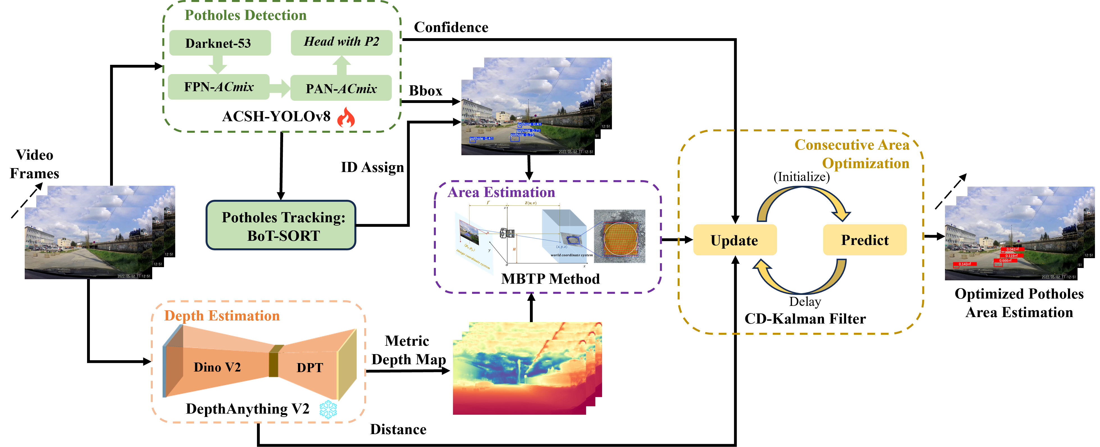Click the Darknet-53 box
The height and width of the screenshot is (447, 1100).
[220, 43]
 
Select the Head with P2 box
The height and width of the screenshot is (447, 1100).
[341, 42]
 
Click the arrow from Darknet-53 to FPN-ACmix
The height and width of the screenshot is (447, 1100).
[217, 65]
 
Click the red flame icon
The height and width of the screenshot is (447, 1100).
[345, 117]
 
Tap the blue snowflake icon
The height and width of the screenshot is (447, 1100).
[328, 409]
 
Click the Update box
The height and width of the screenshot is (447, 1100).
[734, 240]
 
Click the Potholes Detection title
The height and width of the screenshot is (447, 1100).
[245, 15]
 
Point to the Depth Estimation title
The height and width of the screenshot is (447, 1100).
[222, 316]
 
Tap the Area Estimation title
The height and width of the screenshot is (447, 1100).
[501, 192]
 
